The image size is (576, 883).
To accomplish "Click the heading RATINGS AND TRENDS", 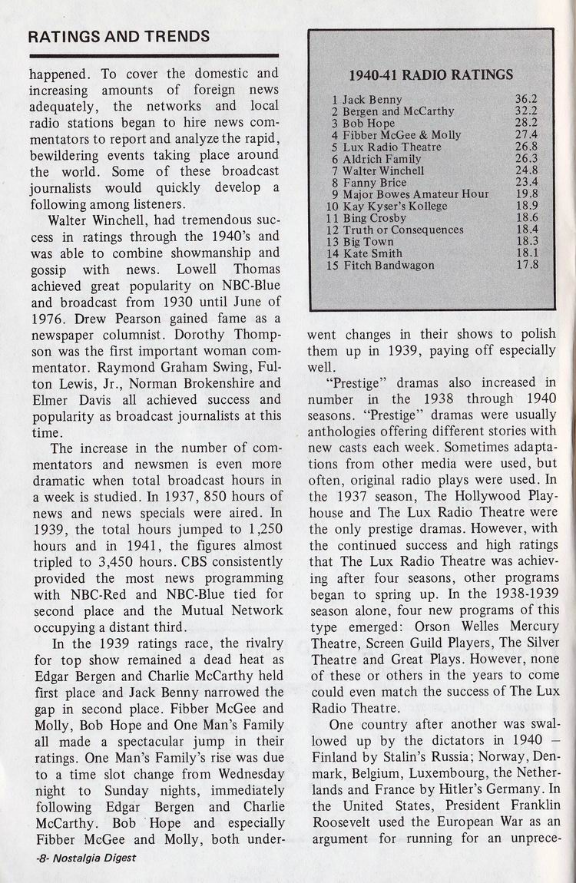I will point(118,36).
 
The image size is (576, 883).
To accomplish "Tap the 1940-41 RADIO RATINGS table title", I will point(430,74).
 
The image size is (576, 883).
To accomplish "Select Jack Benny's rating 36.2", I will point(526,99).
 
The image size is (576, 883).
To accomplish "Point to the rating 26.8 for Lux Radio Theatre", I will point(526,147).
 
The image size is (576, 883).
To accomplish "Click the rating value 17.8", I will point(526,265).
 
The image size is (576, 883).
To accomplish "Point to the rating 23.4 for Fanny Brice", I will point(526,182).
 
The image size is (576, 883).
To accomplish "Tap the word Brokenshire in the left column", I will point(197,382).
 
